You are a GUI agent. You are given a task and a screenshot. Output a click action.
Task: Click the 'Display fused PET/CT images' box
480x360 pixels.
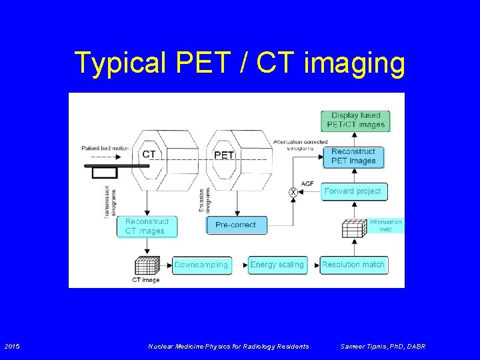(x=355, y=120)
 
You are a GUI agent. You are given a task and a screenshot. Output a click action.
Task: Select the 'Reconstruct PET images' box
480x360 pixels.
(x=353, y=156)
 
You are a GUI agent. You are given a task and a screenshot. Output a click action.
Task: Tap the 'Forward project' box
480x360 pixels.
(x=353, y=191)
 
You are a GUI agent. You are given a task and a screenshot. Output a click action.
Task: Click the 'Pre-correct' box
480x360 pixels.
(x=235, y=225)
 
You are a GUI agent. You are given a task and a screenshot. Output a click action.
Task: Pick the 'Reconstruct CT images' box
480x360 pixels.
(x=147, y=226)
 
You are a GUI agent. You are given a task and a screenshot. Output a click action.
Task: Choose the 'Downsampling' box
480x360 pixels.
(x=201, y=265)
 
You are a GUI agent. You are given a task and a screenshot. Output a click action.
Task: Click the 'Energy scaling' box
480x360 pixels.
(x=277, y=265)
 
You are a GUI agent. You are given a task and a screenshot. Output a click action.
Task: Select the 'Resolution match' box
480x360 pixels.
(x=353, y=265)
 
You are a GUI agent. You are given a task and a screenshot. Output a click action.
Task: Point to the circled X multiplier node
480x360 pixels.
(x=293, y=192)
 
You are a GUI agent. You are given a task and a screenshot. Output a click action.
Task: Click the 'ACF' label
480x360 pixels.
(x=307, y=183)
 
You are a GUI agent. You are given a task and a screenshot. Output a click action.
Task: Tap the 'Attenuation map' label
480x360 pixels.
(x=385, y=225)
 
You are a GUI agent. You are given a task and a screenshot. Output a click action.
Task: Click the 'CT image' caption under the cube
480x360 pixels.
(x=145, y=280)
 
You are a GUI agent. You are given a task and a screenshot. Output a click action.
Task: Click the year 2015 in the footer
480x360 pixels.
(x=13, y=346)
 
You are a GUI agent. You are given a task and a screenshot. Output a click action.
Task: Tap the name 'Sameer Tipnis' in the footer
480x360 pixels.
(x=364, y=346)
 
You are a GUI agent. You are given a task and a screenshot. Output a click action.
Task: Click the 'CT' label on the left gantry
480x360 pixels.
(x=149, y=155)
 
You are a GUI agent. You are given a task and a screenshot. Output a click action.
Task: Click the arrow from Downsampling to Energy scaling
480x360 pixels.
(x=240, y=265)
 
